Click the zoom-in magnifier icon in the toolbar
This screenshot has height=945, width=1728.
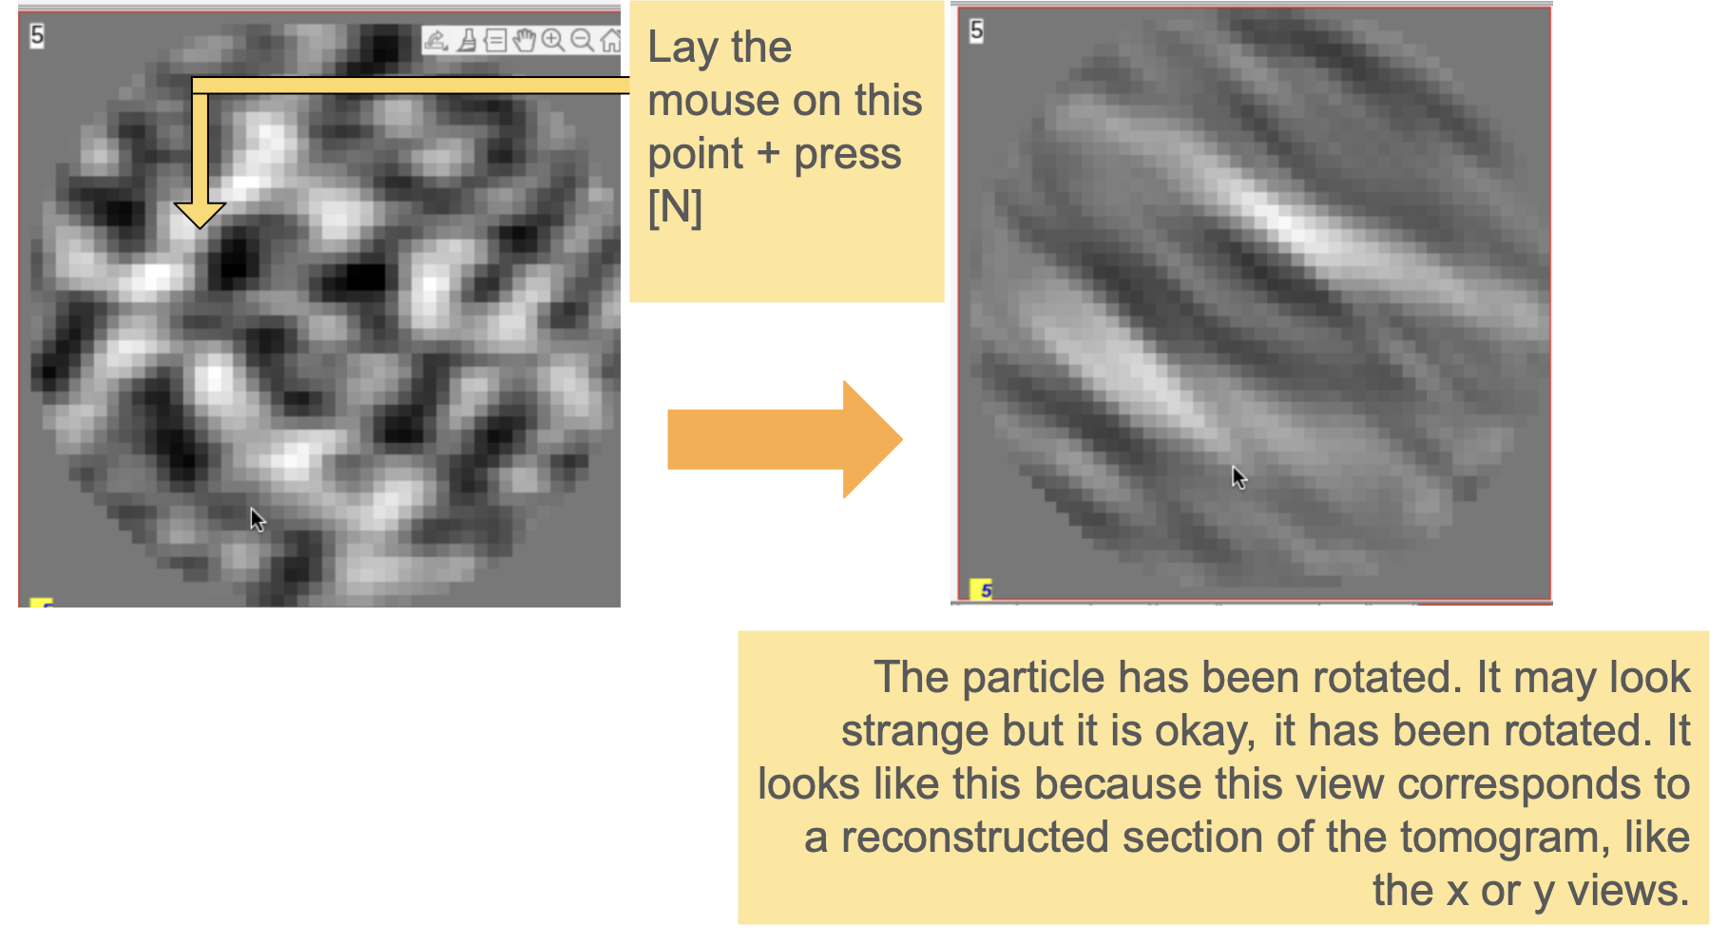pos(552,40)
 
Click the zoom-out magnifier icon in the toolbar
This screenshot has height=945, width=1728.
pos(582,40)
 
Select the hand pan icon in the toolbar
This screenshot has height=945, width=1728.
pos(524,40)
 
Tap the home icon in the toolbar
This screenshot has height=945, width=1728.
pos(610,40)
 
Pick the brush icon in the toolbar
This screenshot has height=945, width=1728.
pos(467,40)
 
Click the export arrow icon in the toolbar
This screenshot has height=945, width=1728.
pos(436,40)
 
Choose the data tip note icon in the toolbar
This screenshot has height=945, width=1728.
pos(495,40)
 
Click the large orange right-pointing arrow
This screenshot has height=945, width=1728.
pos(785,439)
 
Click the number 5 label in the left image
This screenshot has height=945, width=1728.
pos(37,36)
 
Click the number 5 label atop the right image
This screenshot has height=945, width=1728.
pos(976,31)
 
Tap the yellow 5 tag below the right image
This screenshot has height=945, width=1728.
pos(982,590)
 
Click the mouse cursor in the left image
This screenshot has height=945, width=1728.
pos(258,520)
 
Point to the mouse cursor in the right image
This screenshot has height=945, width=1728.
pos(1239,477)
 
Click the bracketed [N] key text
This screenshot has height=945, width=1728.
pos(675,207)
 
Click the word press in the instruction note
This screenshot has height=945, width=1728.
pos(847,155)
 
